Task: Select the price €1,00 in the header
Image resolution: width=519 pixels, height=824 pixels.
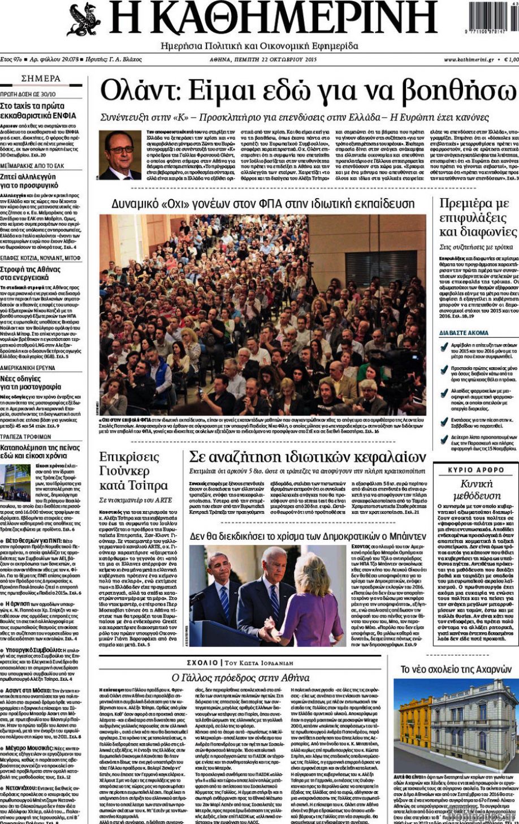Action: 510,59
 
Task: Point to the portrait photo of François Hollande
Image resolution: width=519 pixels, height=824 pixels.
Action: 120,156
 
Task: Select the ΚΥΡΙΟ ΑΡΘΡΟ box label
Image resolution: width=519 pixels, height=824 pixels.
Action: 475,470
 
